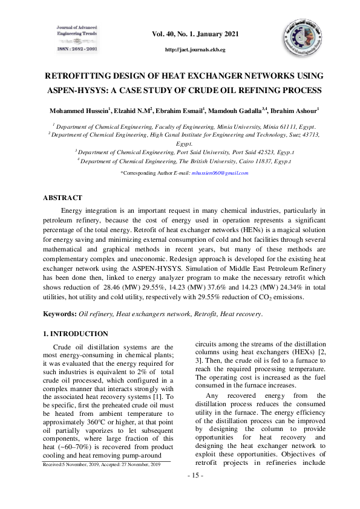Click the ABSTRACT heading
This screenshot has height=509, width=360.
pos(62,198)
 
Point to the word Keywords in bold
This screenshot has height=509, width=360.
pos(59,314)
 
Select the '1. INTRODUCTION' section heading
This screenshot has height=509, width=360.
pos(76,334)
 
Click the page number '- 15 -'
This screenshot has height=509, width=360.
pos(194,476)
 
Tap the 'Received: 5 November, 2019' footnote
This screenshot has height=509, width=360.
pos(102,464)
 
